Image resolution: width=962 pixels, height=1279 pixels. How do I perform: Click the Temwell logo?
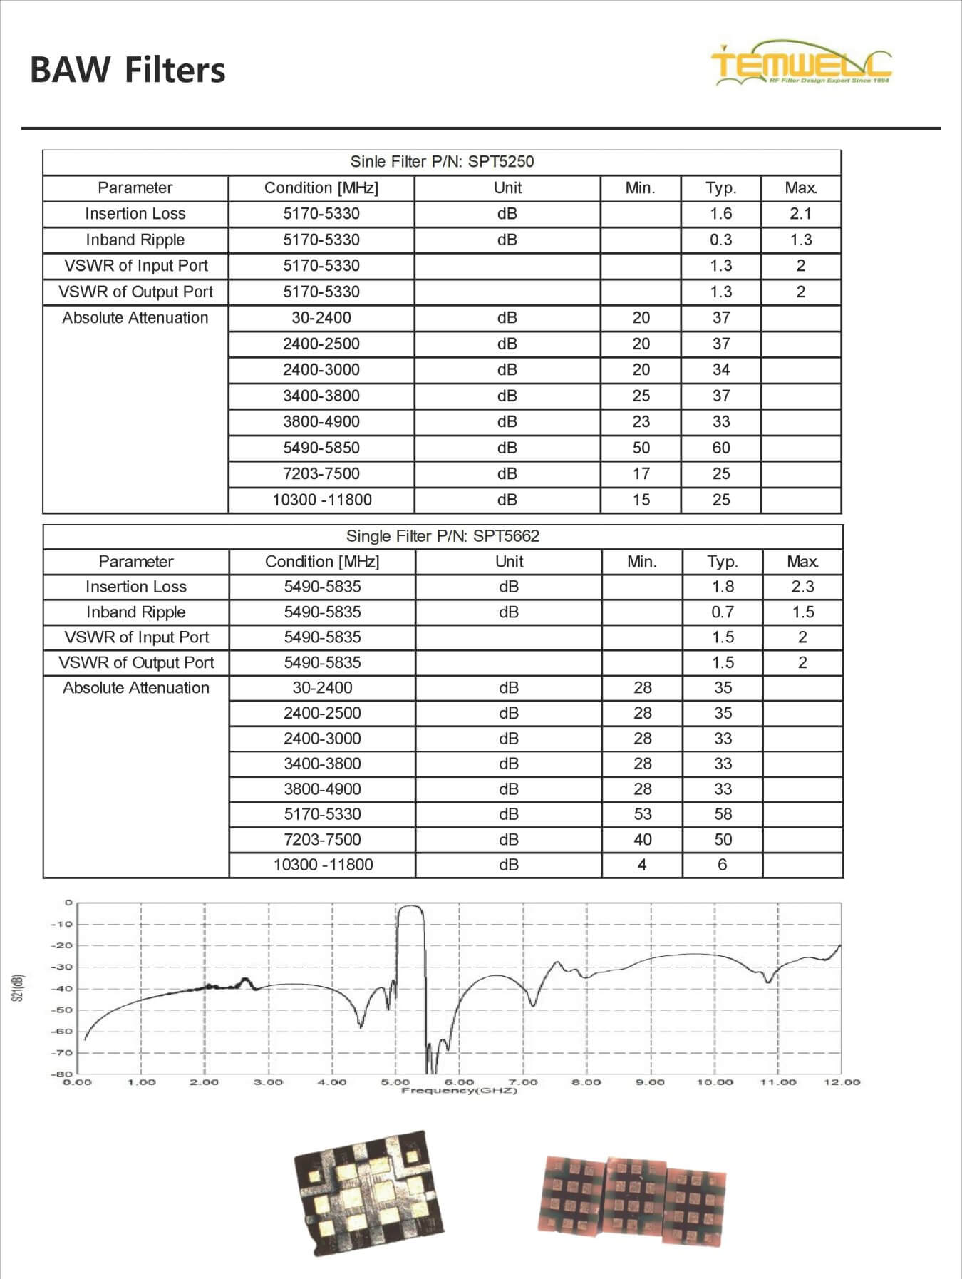tap(801, 64)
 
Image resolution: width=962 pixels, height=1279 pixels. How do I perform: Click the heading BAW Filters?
tap(128, 71)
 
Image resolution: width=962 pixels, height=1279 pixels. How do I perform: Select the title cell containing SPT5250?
tap(442, 162)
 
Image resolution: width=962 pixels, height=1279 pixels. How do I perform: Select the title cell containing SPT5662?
tap(443, 536)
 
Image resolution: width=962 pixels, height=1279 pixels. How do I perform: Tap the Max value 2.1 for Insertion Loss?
tap(800, 214)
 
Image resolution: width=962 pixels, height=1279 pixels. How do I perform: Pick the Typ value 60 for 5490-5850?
tap(721, 448)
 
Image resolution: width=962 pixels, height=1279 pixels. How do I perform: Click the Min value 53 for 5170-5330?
tap(642, 814)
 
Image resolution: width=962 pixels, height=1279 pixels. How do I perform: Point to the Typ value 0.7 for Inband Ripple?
tap(723, 612)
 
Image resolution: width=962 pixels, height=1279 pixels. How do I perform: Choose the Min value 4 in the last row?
tap(642, 865)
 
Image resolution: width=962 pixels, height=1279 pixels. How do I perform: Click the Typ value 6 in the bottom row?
tap(723, 865)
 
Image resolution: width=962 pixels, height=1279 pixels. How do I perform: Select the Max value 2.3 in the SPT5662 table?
tap(802, 587)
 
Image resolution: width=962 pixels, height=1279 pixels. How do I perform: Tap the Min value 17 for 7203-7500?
tap(641, 474)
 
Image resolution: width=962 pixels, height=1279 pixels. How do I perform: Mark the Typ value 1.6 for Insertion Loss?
tap(721, 214)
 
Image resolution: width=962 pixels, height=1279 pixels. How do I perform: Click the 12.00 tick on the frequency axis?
tap(842, 1082)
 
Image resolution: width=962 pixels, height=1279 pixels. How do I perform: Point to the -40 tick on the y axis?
tap(62, 989)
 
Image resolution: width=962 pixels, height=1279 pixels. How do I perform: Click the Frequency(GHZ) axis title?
tap(459, 1091)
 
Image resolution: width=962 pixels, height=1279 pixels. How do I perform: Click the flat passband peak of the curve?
tap(410, 907)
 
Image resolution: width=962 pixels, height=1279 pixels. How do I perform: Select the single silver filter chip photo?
tap(368, 1192)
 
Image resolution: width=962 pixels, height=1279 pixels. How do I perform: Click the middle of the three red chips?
tap(634, 1198)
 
